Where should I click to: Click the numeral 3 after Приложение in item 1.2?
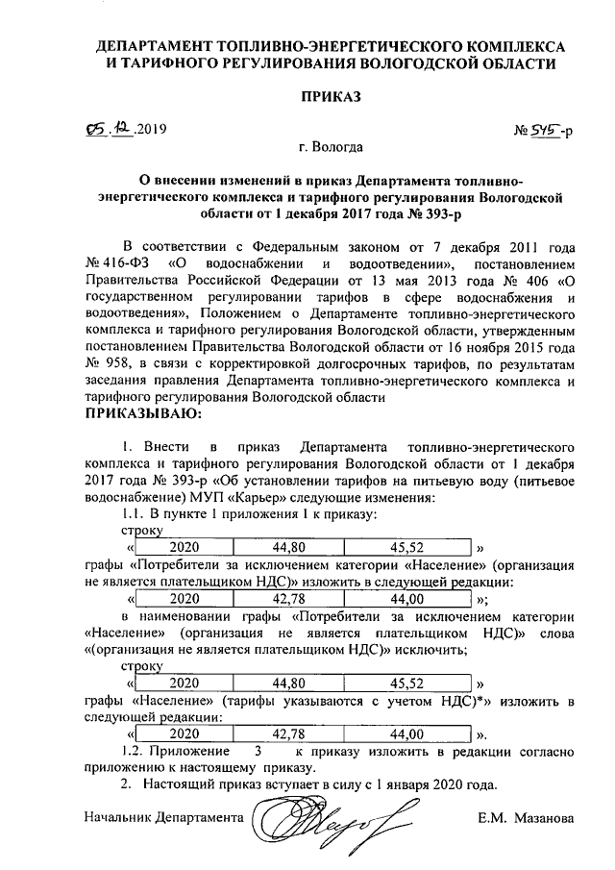point(258,750)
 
